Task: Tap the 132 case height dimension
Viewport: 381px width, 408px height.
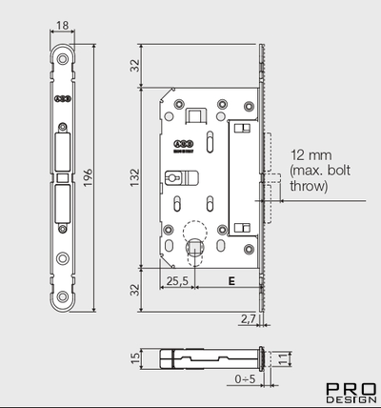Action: [x=135, y=178]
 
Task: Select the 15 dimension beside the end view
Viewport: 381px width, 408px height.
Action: [x=135, y=359]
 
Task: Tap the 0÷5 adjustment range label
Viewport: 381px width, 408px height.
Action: [x=247, y=378]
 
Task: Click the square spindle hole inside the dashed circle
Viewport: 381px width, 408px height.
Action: [x=195, y=245]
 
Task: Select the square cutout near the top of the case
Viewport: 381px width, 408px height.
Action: [x=194, y=115]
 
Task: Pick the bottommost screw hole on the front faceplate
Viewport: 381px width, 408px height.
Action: [x=64, y=298]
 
